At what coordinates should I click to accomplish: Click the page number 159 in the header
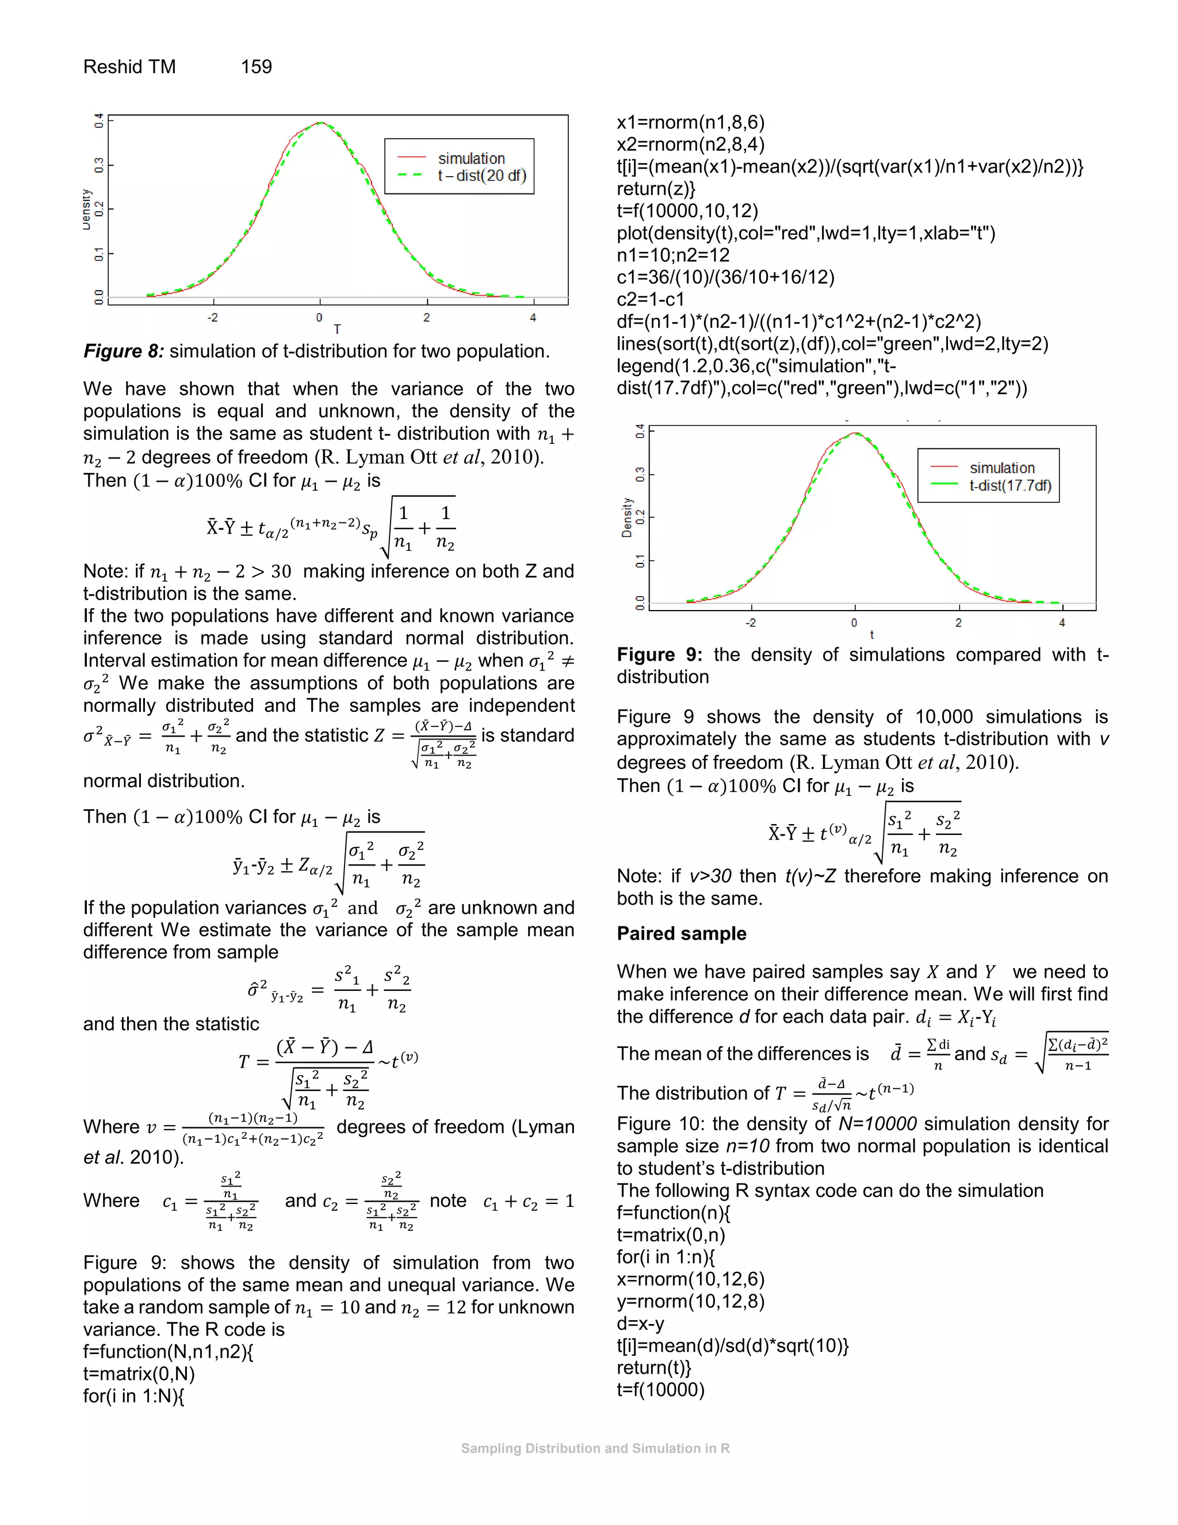[x=256, y=67]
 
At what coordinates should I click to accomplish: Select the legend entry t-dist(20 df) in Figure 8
[x=481, y=176]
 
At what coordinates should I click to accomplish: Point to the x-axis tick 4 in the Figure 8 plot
[x=533, y=318]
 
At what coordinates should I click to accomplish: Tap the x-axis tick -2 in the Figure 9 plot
[x=750, y=623]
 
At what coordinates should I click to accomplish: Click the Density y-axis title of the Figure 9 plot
[x=627, y=517]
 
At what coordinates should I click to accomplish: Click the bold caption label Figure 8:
[x=124, y=351]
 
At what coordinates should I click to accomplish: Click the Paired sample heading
[x=681, y=933]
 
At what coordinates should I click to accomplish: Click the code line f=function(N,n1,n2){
[x=168, y=1352]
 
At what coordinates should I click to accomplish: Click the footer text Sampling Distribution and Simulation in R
[x=595, y=1448]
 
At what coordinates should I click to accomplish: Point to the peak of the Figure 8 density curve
[x=320, y=123]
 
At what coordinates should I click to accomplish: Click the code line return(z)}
[x=655, y=189]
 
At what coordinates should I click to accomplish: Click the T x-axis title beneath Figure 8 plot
[x=337, y=329]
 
